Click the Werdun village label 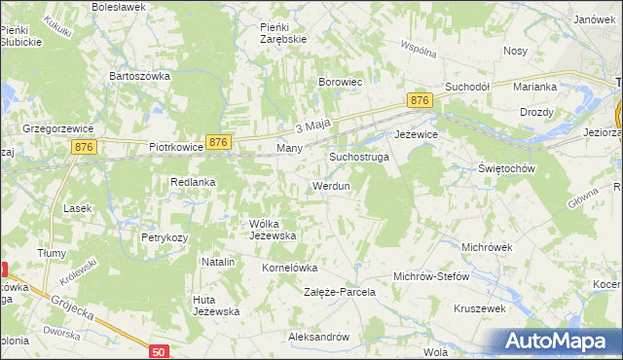[330, 185]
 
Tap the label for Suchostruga [359, 156]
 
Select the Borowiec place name [341, 83]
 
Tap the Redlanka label [193, 182]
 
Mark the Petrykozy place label [164, 236]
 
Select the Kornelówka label [290, 267]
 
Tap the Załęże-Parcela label [340, 292]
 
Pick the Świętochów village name [508, 167]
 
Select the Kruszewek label [478, 307]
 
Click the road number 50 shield [160, 350]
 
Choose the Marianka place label [534, 87]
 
